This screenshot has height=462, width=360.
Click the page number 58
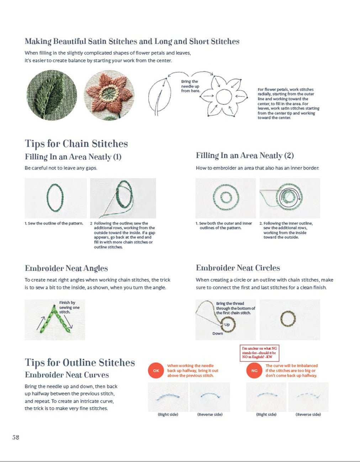(x=16, y=437)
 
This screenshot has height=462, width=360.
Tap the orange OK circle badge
(x=156, y=371)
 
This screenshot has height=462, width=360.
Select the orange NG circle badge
(x=254, y=371)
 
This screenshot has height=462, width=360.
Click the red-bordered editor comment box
(x=259, y=353)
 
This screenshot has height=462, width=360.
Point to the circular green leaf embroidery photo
(x=52, y=95)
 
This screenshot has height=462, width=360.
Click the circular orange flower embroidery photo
(x=109, y=95)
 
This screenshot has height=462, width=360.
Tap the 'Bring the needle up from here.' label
(x=191, y=86)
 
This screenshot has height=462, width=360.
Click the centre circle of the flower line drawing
(x=224, y=97)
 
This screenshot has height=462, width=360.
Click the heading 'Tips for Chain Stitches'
(x=76, y=144)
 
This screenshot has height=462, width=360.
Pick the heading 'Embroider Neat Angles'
(x=67, y=268)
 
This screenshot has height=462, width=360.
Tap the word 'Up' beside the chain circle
(x=227, y=325)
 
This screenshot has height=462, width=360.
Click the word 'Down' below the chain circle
(x=218, y=333)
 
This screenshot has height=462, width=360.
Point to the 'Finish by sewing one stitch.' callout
(x=69, y=307)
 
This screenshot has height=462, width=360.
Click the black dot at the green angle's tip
(x=54, y=306)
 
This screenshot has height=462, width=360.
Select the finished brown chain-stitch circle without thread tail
(x=288, y=319)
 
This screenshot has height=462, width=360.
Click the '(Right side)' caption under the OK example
(x=168, y=414)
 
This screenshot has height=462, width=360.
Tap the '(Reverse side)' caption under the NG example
(x=308, y=414)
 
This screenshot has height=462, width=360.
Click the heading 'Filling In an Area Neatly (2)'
(x=245, y=156)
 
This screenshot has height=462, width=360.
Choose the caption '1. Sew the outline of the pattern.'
(x=54, y=223)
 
